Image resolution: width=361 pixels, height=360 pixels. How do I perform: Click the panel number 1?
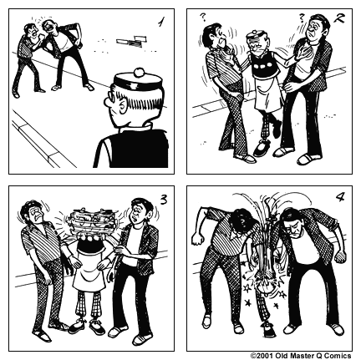[160, 22]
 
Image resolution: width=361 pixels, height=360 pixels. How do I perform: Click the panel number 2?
[339, 18]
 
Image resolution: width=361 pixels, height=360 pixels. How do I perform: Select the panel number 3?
[164, 200]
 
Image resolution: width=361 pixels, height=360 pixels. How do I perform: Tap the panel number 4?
[339, 197]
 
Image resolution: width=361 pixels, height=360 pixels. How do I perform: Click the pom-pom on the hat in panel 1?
[139, 73]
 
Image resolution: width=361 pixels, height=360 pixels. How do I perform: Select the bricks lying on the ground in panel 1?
[131, 41]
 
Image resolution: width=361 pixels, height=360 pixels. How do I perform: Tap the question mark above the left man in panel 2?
[203, 18]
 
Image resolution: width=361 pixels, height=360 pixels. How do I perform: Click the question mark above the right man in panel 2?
[301, 18]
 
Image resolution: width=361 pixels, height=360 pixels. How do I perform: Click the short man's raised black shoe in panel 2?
[277, 129]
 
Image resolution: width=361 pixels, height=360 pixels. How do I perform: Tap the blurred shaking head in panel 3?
[93, 221]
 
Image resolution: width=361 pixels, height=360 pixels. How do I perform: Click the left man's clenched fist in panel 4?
[197, 240]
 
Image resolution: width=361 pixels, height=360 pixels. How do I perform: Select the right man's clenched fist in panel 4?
[340, 256]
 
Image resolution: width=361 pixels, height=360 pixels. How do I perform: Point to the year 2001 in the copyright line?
[265, 356]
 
